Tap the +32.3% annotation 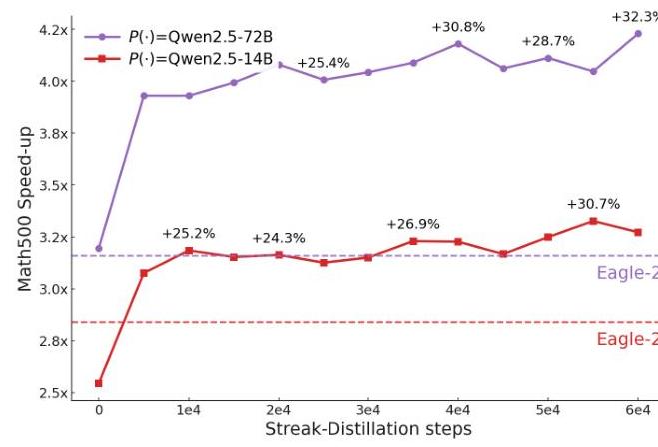pos(635,16)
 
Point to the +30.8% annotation pos(456,26)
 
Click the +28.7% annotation pos(548,41)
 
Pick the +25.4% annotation pos(324,63)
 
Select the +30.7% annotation pos(593,204)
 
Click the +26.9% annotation pos(413,224)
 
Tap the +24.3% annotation pos(279,238)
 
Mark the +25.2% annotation pos(189,234)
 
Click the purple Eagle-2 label pos(627,273)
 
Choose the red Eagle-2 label pos(627,339)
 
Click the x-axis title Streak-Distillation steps pos(368,428)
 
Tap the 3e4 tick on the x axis pos(368,410)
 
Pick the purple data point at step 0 pos(98,248)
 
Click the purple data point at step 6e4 pos(638,33)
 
